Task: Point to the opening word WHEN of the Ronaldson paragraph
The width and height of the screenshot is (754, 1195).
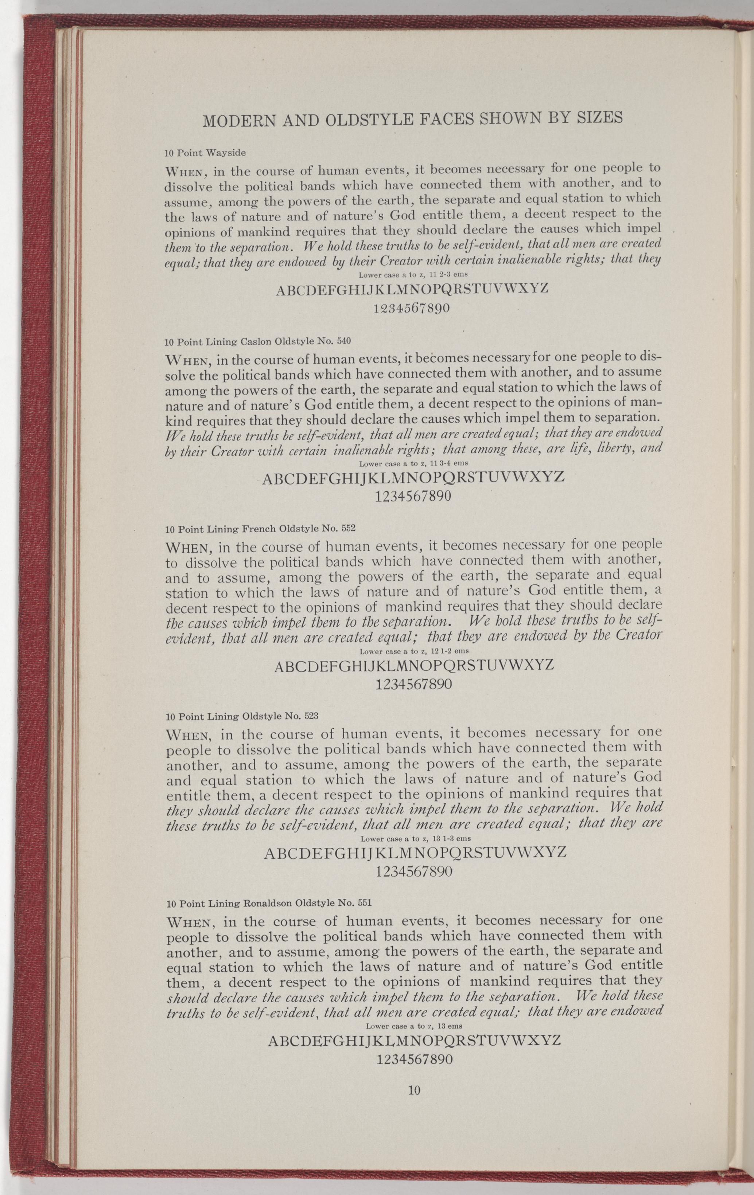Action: pos(191,924)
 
